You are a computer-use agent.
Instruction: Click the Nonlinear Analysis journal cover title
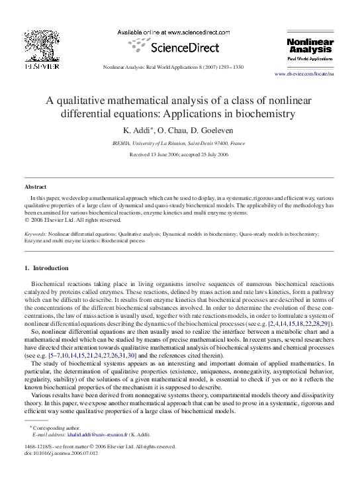[x=309, y=45]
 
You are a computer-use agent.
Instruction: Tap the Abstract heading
[x=36, y=187]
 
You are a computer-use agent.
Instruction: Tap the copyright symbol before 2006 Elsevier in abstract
[x=26, y=221]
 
